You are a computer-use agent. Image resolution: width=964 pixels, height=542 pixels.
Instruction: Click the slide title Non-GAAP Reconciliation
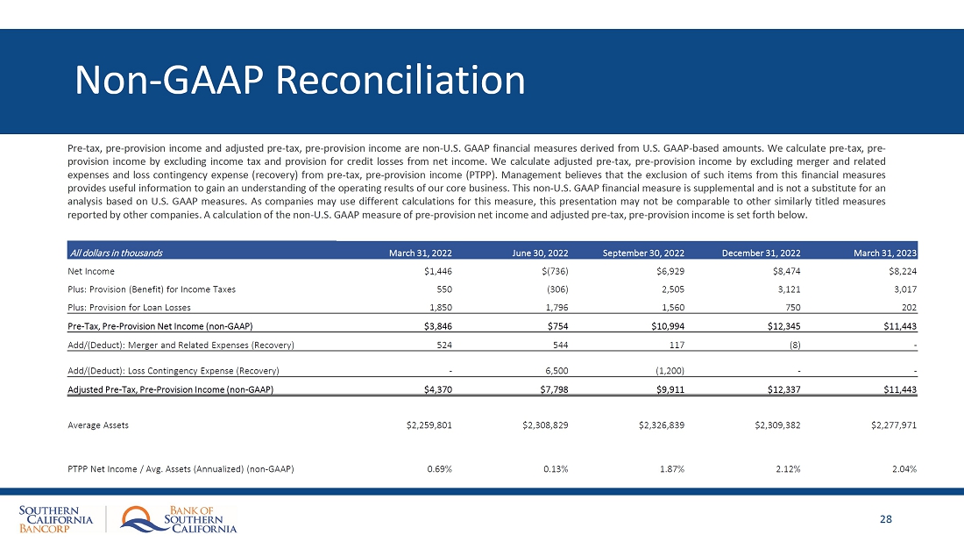tap(300, 81)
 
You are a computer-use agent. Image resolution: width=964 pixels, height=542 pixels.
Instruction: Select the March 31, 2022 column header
tap(420, 253)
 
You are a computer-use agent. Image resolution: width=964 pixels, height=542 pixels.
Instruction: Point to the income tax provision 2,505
tap(670, 289)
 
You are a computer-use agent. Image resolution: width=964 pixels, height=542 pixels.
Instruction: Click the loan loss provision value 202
tap(909, 307)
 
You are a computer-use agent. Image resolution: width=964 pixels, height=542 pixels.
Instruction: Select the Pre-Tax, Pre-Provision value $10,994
tap(665, 326)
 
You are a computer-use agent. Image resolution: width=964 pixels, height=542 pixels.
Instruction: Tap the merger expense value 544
tap(560, 345)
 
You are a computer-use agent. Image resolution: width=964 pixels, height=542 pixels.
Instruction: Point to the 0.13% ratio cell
tap(555, 468)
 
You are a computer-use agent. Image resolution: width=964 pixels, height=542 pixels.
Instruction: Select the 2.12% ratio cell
tap(787, 468)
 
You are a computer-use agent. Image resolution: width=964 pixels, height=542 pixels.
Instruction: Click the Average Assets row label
tap(98, 425)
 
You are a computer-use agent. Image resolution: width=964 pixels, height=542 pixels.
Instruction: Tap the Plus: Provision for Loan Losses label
tap(129, 307)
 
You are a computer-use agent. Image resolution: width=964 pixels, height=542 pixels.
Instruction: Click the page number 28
tap(886, 519)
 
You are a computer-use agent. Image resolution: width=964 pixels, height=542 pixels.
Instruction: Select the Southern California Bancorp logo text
tap(56, 519)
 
